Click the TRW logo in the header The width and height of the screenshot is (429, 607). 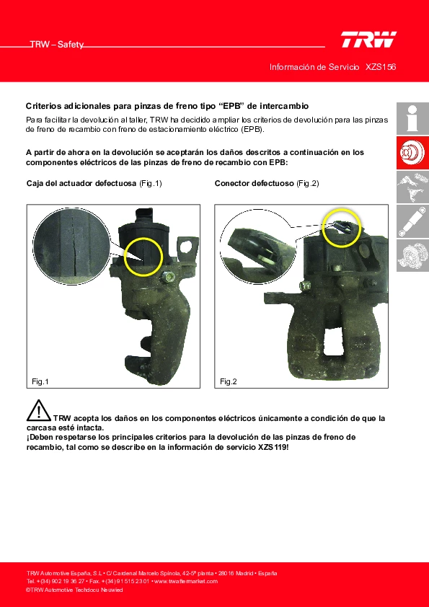(x=368, y=40)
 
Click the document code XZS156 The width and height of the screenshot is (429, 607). (x=381, y=67)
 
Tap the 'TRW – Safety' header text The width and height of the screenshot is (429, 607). (x=57, y=45)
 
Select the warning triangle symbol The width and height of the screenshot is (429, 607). (x=39, y=410)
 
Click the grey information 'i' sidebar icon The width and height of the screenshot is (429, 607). (x=412, y=118)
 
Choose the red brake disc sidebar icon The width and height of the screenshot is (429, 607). (x=412, y=153)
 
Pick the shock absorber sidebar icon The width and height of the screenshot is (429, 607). (x=412, y=221)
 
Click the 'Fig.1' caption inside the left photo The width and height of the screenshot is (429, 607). (x=40, y=381)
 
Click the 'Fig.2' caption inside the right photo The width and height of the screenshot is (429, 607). (x=228, y=381)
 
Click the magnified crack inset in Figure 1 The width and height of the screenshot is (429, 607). (x=71, y=244)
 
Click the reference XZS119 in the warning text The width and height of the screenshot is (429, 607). (x=273, y=448)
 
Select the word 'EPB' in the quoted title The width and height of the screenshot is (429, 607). (x=234, y=106)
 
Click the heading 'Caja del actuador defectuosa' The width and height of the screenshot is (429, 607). (x=81, y=184)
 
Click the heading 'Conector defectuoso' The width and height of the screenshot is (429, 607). (x=255, y=184)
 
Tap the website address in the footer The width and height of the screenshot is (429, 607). (x=186, y=582)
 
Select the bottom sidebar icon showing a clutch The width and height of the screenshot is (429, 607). (x=412, y=255)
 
